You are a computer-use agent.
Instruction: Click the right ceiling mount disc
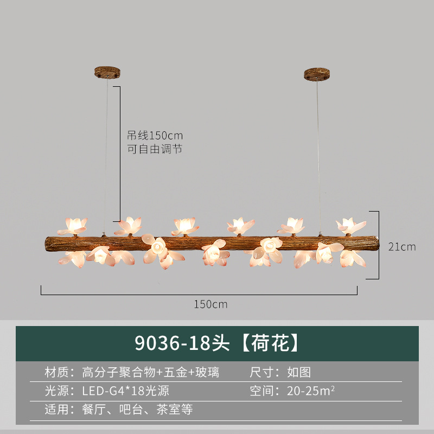(317, 73)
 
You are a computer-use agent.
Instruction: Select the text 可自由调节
(155, 149)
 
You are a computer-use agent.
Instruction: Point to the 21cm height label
(402, 247)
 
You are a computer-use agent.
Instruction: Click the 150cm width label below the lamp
(210, 304)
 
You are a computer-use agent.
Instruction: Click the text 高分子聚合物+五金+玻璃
(151, 372)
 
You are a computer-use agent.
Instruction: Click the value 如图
(299, 372)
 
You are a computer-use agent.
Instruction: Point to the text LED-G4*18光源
(126, 391)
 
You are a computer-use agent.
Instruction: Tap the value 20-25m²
(311, 391)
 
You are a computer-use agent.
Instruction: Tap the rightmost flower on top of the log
(351, 226)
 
